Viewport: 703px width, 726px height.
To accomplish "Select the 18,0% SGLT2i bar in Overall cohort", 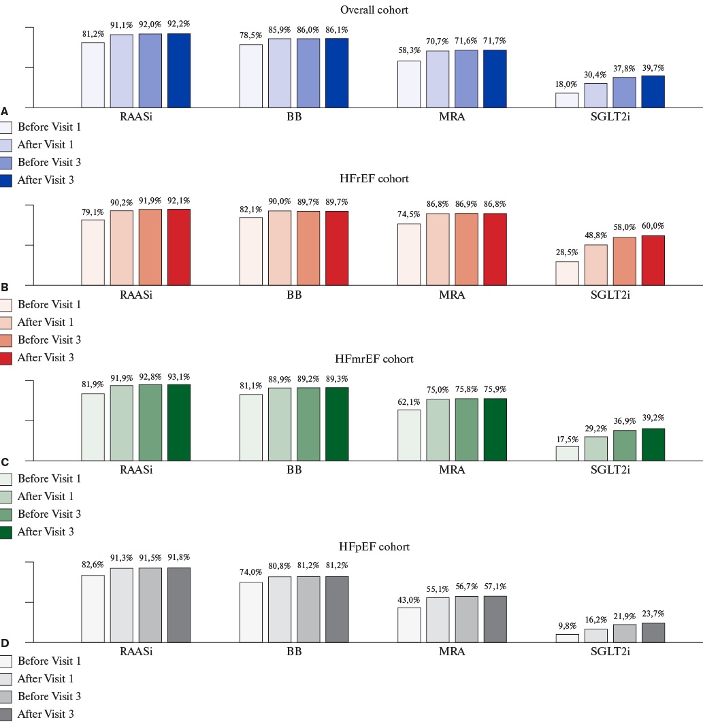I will point(567,100).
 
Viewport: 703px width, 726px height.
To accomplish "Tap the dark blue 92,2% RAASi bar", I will point(179,70).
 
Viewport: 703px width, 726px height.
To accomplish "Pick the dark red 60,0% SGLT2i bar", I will point(653,260).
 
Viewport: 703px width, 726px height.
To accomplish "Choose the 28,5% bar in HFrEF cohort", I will point(567,273).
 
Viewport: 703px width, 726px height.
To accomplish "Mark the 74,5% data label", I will point(409,214).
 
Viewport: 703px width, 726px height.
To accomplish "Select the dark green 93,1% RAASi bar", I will point(179,422).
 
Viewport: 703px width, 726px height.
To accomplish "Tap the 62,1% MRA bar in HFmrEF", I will point(409,434).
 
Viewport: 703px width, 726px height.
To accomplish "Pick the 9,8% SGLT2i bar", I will point(567,638).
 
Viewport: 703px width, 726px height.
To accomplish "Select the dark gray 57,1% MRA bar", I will point(495,618).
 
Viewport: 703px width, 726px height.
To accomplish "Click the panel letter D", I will point(5,643).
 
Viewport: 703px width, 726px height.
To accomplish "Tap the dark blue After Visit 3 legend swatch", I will point(7,180).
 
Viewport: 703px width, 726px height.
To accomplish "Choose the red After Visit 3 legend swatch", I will point(7,358).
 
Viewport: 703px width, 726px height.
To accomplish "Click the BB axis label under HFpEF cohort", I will point(294,651).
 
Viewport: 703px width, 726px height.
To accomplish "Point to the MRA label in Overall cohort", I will point(452,117).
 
